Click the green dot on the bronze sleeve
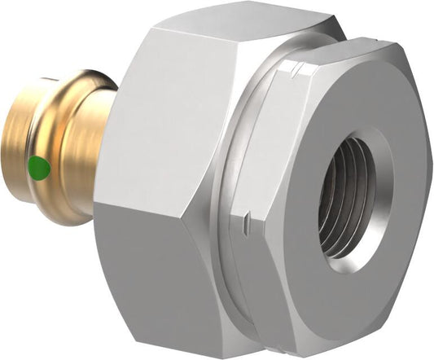pyautogui.click(x=37, y=168)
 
